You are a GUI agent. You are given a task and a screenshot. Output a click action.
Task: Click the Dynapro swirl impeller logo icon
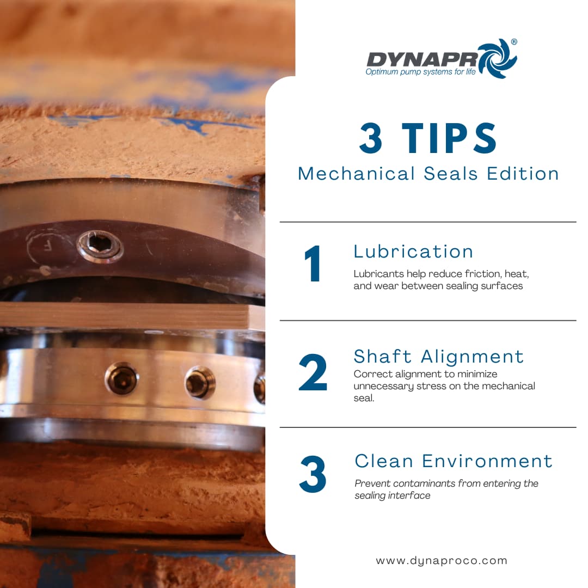tap(498, 58)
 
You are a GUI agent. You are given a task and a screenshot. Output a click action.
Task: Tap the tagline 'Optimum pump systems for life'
tap(420, 72)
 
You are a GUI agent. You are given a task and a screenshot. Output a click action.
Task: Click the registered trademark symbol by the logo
tap(514, 42)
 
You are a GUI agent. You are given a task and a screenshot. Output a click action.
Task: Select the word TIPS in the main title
tap(449, 138)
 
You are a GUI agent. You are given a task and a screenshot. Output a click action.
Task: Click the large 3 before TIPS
tap(371, 138)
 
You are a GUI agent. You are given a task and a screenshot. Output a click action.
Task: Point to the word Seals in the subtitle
tap(450, 174)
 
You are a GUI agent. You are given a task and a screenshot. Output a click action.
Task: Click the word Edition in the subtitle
tap(523, 174)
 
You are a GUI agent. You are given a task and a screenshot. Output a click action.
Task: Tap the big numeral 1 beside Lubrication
tap(313, 264)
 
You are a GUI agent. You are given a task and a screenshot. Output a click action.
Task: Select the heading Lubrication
tap(413, 252)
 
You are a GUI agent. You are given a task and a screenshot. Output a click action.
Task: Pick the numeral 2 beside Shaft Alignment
tap(313, 372)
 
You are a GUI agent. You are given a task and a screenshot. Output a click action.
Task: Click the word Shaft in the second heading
tap(383, 356)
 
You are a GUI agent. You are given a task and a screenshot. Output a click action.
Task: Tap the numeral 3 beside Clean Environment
tap(313, 474)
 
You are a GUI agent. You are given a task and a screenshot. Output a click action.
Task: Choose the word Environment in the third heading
tap(487, 461)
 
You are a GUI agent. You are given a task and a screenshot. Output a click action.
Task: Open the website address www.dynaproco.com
tap(442, 561)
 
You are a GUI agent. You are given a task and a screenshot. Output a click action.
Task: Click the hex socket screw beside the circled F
tap(100, 246)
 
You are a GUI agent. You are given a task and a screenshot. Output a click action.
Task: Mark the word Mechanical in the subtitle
tap(356, 174)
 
